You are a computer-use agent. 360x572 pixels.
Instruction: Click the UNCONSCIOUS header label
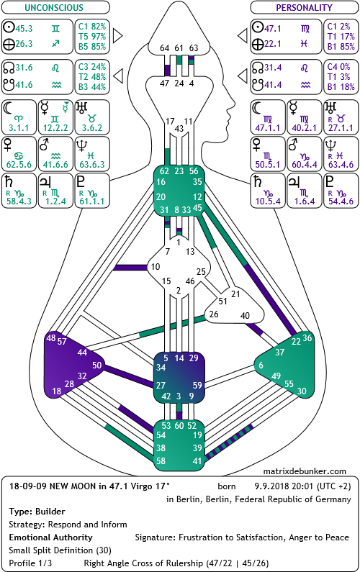54,7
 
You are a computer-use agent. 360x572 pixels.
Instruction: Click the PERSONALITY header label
304,7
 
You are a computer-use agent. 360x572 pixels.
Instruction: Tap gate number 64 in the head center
165,47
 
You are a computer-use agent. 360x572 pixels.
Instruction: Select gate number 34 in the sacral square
161,368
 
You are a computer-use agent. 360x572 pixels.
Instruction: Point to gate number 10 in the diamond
156,267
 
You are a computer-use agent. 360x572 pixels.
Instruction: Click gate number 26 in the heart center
214,314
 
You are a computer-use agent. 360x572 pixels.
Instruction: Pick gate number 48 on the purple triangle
51,337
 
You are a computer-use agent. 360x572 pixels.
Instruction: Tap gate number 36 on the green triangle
307,337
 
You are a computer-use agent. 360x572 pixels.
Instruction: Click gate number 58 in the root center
161,460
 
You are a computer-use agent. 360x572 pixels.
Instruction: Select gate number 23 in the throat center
179,171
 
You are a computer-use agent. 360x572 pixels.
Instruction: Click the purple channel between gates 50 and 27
128,376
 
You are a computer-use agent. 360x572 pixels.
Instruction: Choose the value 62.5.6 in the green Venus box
19,165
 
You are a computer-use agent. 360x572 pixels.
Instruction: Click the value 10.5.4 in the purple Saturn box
268,201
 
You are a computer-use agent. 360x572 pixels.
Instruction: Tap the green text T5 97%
92,37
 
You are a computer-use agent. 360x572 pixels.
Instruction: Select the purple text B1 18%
341,87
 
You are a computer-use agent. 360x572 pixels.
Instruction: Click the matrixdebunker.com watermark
305,471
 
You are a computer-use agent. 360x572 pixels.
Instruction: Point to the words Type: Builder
37,512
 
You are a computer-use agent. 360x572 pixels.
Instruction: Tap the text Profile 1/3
30,563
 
